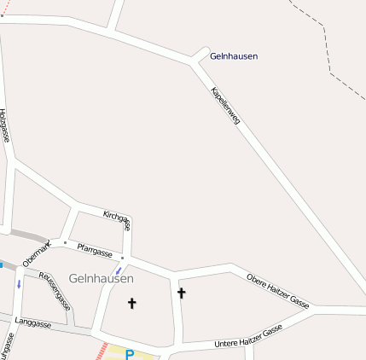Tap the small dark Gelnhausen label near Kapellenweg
pyautogui.click(x=233, y=56)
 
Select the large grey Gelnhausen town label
pyautogui.click(x=101, y=279)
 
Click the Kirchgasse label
pyautogui.click(x=116, y=219)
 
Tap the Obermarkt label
pyautogui.click(x=37, y=254)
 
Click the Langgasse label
pyautogui.click(x=33, y=323)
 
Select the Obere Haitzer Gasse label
pyautogui.click(x=277, y=290)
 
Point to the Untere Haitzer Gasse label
pyautogui.click(x=247, y=338)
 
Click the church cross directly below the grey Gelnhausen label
pyautogui.click(x=131, y=303)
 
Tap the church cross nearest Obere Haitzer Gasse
pyautogui.click(x=181, y=293)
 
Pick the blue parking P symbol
pyautogui.click(x=130, y=354)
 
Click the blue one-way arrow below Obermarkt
pyautogui.click(x=19, y=284)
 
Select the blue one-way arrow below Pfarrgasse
pyautogui.click(x=118, y=270)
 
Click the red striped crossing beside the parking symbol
pyautogui.click(x=102, y=351)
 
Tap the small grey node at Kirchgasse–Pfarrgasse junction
pyautogui.click(x=123, y=258)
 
